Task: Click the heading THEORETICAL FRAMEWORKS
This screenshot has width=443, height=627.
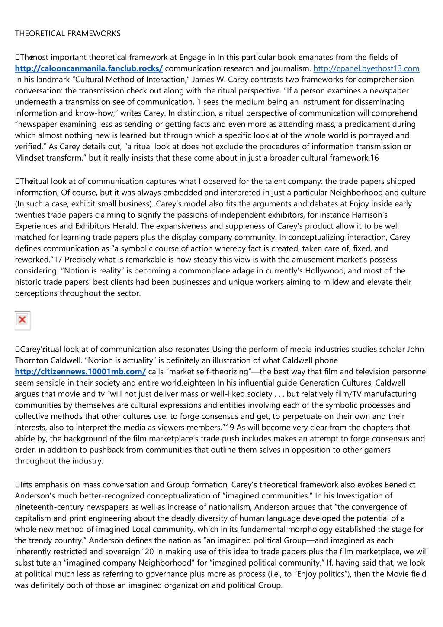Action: (68, 33)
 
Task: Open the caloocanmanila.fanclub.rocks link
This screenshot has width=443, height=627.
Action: (89, 68)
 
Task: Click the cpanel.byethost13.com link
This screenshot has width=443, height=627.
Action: (366, 68)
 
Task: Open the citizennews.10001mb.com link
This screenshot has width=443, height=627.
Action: (80, 372)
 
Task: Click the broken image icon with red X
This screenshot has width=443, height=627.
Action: (22, 320)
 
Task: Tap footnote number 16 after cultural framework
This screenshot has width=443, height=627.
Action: (374, 158)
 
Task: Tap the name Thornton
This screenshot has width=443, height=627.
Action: (32, 360)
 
